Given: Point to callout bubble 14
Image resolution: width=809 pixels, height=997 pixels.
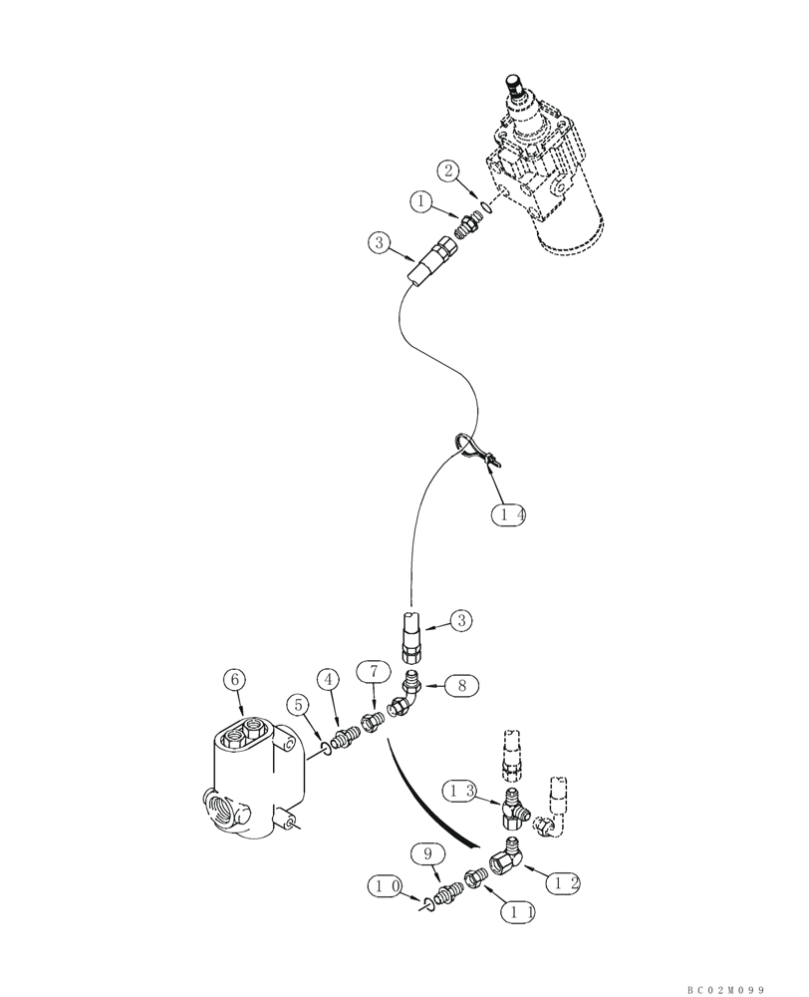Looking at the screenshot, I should tap(508, 514).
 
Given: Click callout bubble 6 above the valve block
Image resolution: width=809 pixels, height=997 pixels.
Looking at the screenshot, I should tap(236, 680).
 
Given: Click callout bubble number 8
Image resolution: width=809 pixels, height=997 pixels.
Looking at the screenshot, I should tap(461, 685).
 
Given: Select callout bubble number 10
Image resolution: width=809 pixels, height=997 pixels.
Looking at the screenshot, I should tap(387, 884).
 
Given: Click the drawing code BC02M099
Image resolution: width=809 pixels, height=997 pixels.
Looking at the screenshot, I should tap(724, 989).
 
